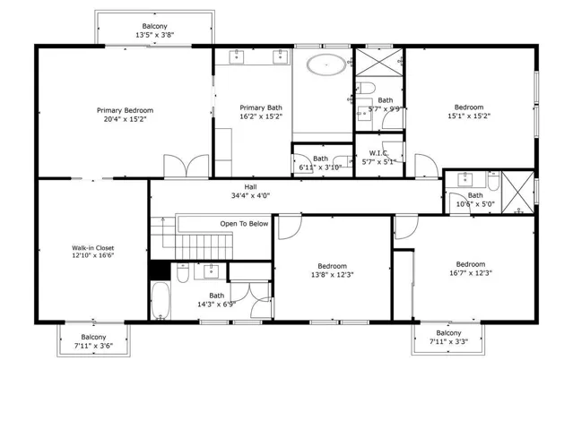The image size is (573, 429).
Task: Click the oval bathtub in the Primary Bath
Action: (x=326, y=65)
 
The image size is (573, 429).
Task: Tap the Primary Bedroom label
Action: (x=125, y=110)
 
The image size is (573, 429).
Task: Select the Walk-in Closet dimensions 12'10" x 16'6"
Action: (x=93, y=255)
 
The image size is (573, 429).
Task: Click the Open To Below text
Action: (x=244, y=223)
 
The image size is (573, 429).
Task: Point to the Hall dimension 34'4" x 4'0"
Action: (x=251, y=196)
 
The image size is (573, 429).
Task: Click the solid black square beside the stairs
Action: (x=160, y=270)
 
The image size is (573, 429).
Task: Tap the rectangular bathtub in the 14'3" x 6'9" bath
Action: (x=161, y=301)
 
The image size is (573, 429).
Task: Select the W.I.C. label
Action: (x=378, y=153)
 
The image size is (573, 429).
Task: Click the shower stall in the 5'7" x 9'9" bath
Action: (x=379, y=62)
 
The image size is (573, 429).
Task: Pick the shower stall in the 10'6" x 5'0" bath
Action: (x=517, y=192)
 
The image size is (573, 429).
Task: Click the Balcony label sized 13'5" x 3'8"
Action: (x=154, y=26)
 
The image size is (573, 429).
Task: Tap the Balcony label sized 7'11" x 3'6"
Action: (x=93, y=337)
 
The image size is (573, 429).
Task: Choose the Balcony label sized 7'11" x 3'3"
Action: (x=448, y=333)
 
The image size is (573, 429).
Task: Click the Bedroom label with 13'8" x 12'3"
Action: (x=332, y=266)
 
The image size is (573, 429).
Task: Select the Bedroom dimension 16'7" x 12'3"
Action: (x=471, y=273)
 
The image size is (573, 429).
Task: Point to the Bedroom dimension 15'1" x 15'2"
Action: (x=469, y=116)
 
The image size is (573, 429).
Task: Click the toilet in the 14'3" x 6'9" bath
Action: (x=183, y=273)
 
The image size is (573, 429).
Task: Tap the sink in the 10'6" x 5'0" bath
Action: (x=464, y=179)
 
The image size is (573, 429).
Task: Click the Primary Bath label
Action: (x=261, y=107)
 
